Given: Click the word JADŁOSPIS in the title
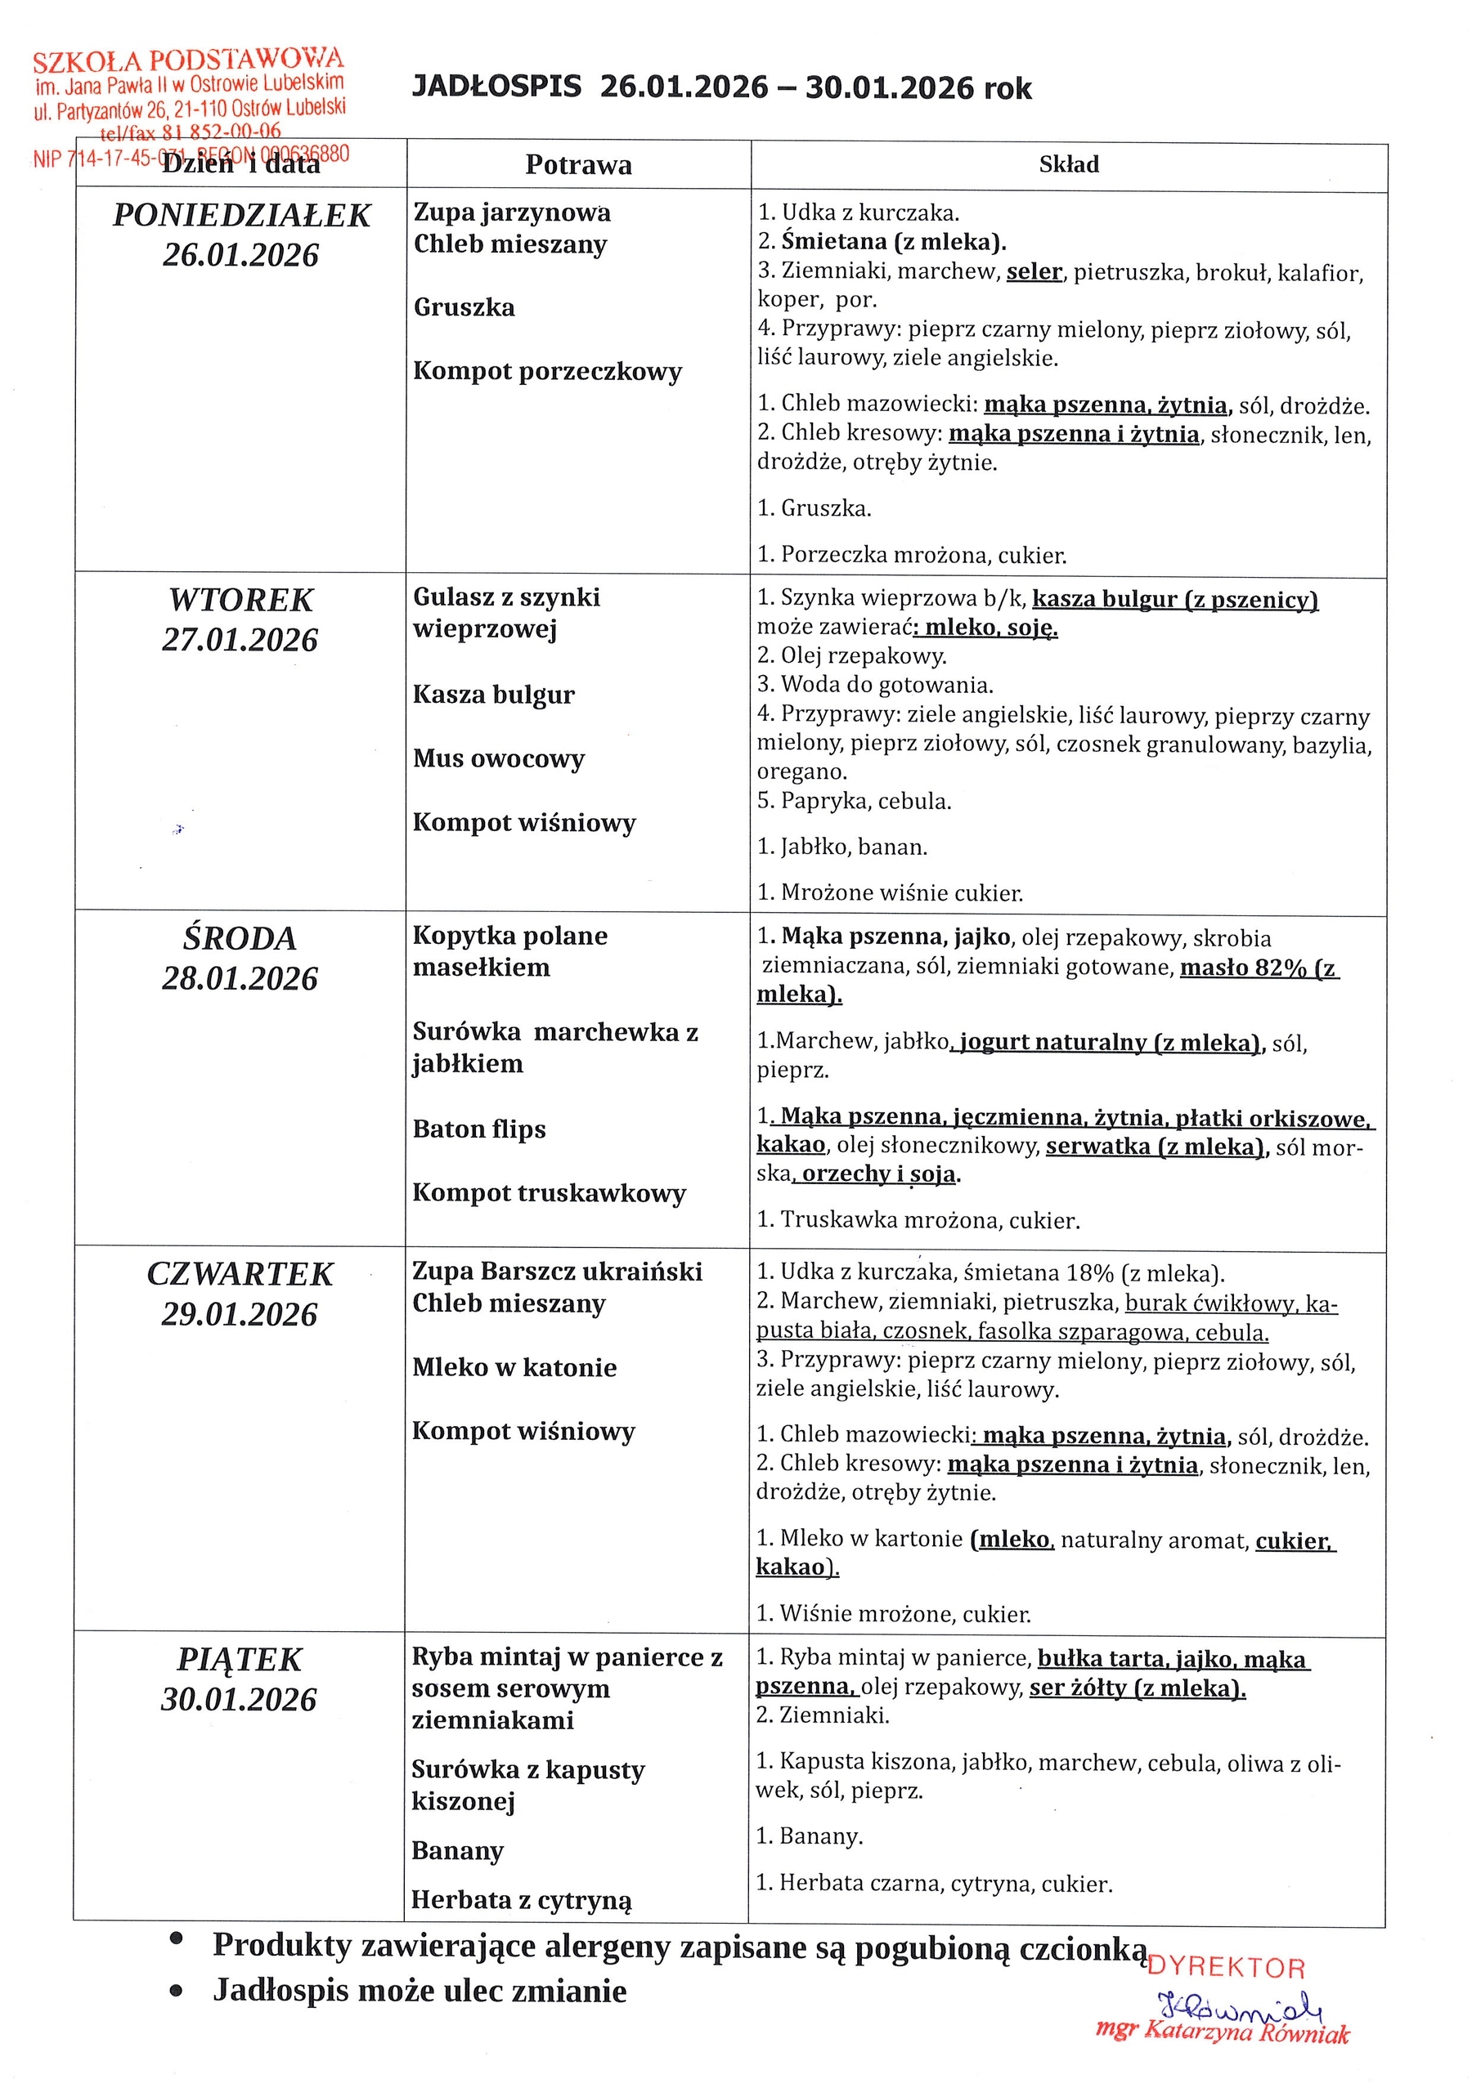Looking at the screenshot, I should pos(496,87).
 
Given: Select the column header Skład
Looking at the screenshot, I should pos(1069,164).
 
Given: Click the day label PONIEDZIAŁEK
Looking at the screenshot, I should pos(241,216).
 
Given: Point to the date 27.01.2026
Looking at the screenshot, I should pos(240,640).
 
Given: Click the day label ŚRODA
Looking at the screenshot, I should pos(240,938).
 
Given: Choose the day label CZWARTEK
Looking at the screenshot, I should pos(240,1274).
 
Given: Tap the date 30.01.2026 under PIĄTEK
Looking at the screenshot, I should pos(240,1700).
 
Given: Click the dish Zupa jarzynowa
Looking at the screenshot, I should pos(512,212).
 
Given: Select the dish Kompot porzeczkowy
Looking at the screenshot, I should pos(548,371).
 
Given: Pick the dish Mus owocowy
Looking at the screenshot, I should pos(499,758).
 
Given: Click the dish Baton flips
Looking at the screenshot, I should pos(479,1129).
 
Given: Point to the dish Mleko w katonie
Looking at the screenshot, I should pos(514,1368).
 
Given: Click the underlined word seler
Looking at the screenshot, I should pos(1034,272).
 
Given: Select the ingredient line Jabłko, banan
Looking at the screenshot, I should pos(841,847).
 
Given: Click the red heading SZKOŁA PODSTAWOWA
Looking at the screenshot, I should pos(188,61).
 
